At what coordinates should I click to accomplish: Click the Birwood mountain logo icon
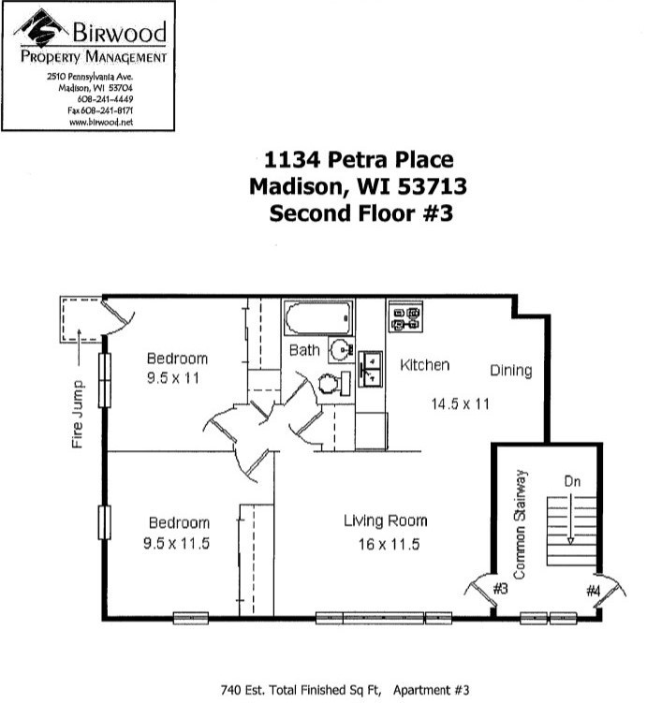click(41, 28)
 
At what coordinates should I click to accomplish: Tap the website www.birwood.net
click(101, 122)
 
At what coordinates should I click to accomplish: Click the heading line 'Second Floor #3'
click(360, 213)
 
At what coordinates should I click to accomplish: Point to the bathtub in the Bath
click(318, 318)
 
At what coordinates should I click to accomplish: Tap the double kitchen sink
click(371, 369)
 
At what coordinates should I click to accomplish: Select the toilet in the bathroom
click(334, 383)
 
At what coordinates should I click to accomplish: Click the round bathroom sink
click(341, 349)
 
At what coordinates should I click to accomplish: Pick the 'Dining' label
click(511, 371)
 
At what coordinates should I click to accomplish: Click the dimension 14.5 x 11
click(460, 404)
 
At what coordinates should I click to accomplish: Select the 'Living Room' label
click(386, 520)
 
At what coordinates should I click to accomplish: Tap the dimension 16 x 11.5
click(389, 544)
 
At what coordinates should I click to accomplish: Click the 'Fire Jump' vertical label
click(78, 414)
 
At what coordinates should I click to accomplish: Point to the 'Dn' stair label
click(572, 481)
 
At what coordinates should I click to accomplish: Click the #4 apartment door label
click(594, 591)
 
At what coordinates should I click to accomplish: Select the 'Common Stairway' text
click(520, 524)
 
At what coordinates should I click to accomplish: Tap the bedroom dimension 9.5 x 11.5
click(177, 543)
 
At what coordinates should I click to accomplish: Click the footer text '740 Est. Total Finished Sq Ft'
click(301, 690)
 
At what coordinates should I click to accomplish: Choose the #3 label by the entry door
click(500, 588)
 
